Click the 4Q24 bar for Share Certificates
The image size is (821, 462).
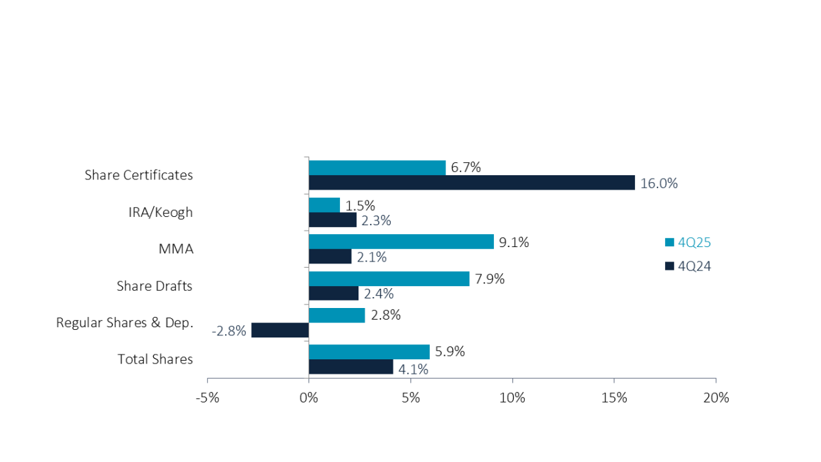(x=471, y=183)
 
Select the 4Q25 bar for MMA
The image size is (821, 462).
(x=401, y=242)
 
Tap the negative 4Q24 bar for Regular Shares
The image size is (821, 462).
(x=280, y=330)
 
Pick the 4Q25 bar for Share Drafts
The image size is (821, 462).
(x=389, y=279)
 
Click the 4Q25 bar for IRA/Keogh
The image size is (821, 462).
(x=324, y=205)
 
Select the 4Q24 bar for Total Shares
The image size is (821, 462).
(x=350, y=367)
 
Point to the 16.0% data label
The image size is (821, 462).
(x=658, y=183)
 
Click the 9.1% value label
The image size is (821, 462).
(x=513, y=242)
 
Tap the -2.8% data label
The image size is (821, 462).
(x=229, y=331)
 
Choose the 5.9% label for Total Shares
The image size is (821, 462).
(x=449, y=352)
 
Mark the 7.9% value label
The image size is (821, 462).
(x=488, y=279)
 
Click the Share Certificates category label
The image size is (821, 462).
(x=139, y=175)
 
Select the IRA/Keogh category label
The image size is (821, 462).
(x=161, y=212)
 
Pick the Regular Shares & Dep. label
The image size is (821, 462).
(x=125, y=322)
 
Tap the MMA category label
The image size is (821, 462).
(x=176, y=249)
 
